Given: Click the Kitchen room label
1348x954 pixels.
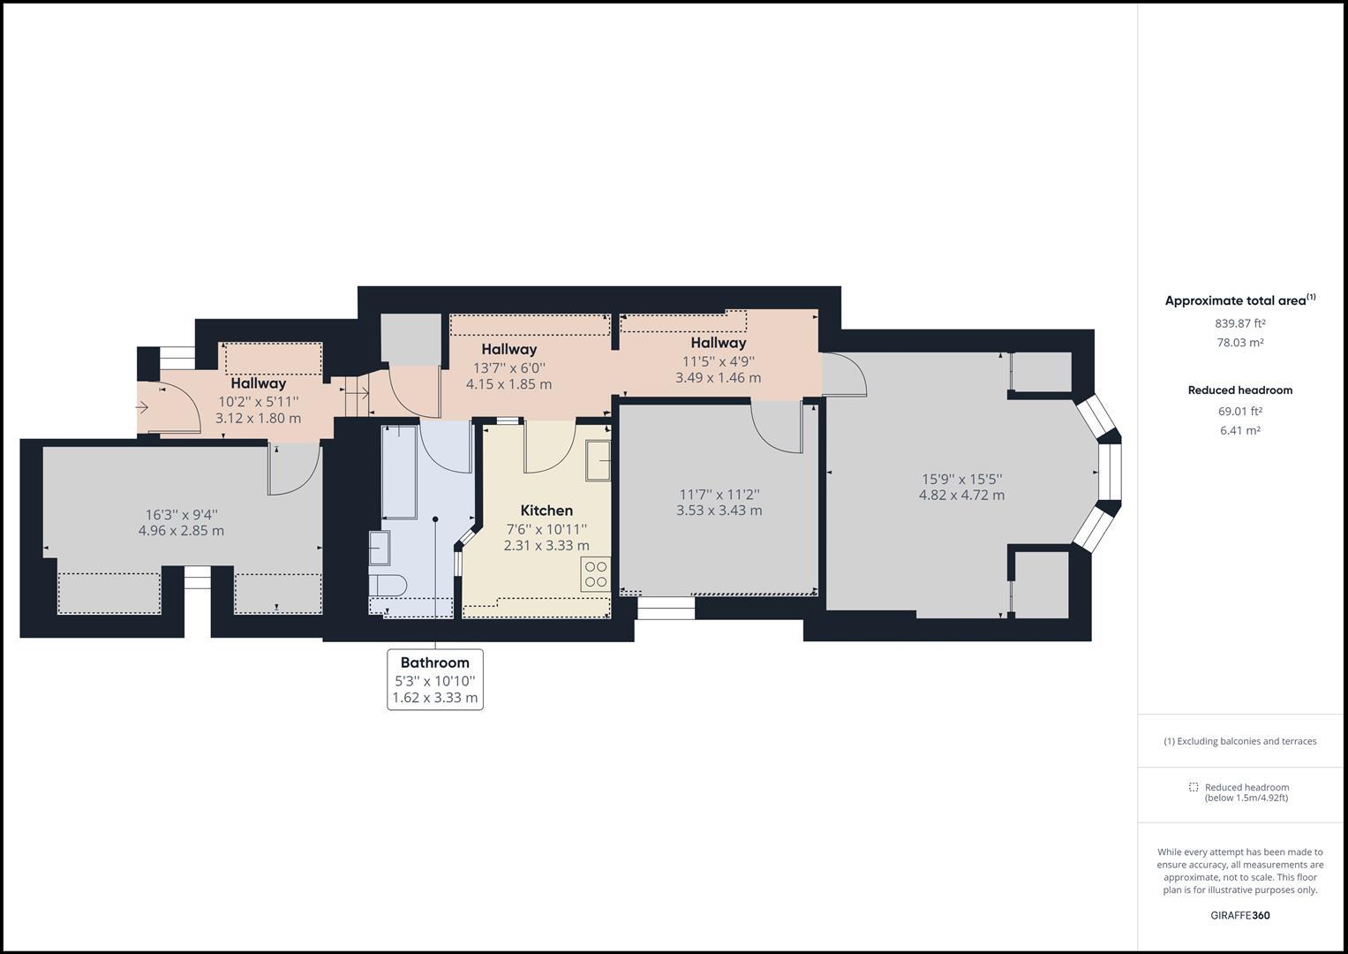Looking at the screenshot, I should [x=546, y=511].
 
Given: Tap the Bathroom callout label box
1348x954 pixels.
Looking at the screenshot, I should [x=435, y=679].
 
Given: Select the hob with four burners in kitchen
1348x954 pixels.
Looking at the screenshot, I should [x=596, y=574].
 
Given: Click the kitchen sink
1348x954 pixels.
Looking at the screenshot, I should [x=598, y=460].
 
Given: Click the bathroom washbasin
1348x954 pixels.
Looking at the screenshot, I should [x=380, y=548].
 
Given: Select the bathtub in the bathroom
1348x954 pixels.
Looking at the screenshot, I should [x=399, y=471].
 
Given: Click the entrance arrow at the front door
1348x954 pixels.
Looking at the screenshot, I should [x=143, y=407].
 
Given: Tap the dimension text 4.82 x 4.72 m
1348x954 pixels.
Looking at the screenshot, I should [x=961, y=496].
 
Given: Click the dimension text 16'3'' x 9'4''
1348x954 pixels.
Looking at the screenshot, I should [x=181, y=515].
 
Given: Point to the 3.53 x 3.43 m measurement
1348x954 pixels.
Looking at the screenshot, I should [x=719, y=511].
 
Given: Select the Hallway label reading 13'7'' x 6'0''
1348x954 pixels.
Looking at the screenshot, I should [x=509, y=367].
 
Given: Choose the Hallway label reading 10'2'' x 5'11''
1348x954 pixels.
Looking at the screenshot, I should [x=259, y=401].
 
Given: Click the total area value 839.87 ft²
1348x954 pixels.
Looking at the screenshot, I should [x=1239, y=323].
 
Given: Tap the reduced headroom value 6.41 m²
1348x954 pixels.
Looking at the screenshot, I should [x=1239, y=431].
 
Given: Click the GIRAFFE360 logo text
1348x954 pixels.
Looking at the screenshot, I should [x=1239, y=915].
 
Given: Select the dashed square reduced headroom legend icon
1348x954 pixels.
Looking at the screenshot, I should [x=1194, y=787].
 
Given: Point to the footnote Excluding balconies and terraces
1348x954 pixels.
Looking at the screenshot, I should [x=1239, y=741].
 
